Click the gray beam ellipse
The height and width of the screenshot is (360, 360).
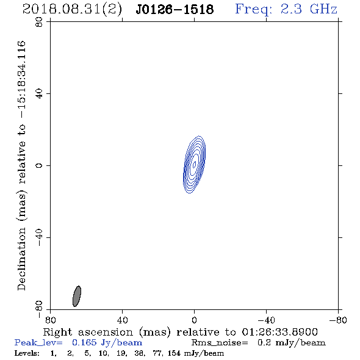pyautogui.click(x=77, y=296)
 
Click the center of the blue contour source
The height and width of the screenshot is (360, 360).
pyautogui.click(x=194, y=164)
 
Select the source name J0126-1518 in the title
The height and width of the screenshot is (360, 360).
pyautogui.click(x=175, y=10)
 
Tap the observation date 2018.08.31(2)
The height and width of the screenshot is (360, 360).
pyautogui.click(x=72, y=10)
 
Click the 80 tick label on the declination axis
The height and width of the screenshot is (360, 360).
pyautogui.click(x=39, y=22)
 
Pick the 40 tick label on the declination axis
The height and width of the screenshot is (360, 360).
pyautogui.click(x=39, y=94)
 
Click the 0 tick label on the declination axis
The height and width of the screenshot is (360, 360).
pyautogui.click(x=39, y=165)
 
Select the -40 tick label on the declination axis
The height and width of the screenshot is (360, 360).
pyautogui.click(x=39, y=237)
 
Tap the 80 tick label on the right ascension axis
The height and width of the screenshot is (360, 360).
pyautogui.click(x=50, y=320)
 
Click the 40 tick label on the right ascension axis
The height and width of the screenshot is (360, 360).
pyautogui.click(x=122, y=320)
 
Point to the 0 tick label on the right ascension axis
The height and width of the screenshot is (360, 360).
pyautogui.click(x=194, y=320)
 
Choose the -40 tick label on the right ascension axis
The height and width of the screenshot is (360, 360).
pyautogui.click(x=266, y=320)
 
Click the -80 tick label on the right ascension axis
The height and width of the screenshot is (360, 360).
pyautogui.click(x=338, y=320)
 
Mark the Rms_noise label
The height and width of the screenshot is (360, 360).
pyautogui.click(x=220, y=343)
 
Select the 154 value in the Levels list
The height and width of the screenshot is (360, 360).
pyautogui.click(x=174, y=353)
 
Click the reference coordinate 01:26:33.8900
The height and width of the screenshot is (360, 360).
pyautogui.click(x=279, y=332)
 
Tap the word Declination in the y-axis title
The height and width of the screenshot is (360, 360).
pyautogui.click(x=21, y=259)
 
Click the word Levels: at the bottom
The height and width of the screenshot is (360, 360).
pyautogui.click(x=27, y=353)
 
